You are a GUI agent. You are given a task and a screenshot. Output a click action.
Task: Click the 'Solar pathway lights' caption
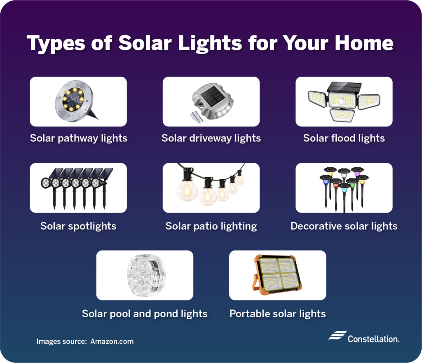78,138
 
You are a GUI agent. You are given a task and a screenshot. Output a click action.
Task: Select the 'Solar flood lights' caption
344,138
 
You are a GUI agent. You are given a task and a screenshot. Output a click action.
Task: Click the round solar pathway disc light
74,99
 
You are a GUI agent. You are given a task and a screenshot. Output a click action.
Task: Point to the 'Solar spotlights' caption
78,226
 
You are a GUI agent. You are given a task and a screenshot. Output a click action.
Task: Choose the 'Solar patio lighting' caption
211,226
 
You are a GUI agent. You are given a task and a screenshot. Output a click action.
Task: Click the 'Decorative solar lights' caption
344,226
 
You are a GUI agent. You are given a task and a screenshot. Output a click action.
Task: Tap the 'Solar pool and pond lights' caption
145,314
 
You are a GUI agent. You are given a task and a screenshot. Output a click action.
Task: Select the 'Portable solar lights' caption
277,314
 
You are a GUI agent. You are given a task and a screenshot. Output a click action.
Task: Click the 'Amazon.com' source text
112,342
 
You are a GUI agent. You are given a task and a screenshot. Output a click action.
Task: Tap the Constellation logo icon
337,335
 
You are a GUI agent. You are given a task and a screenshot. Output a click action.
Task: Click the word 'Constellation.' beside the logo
373,339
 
